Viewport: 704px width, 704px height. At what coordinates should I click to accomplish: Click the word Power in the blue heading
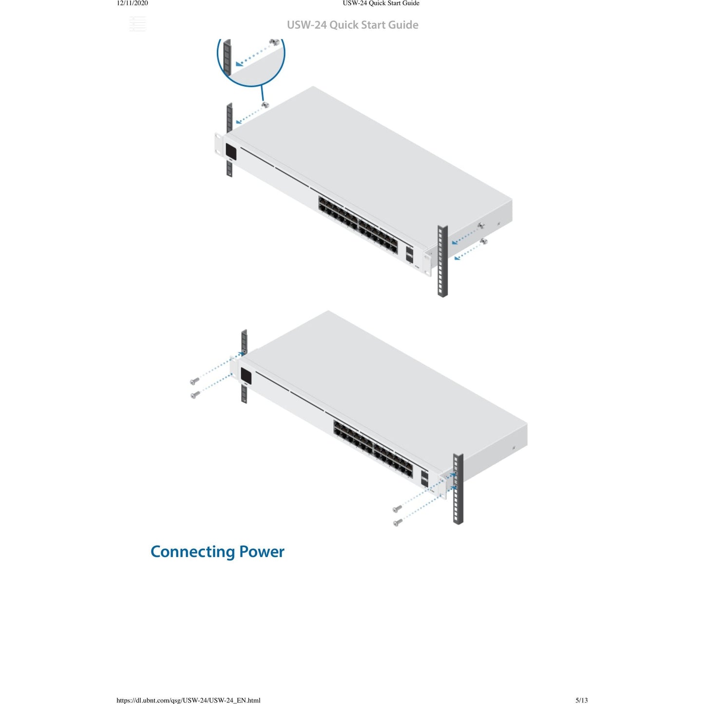pyautogui.click(x=262, y=552)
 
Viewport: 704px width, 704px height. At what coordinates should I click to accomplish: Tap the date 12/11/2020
pyautogui.click(x=132, y=3)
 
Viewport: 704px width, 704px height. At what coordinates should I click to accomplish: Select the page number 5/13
pyautogui.click(x=582, y=700)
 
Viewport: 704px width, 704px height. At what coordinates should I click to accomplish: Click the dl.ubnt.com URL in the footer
pyautogui.click(x=189, y=701)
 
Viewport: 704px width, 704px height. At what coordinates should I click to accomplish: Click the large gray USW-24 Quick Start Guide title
pyautogui.click(x=353, y=25)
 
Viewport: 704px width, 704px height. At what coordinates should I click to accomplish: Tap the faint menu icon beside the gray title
pyautogui.click(x=137, y=24)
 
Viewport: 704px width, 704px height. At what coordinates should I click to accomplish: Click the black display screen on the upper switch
pyautogui.click(x=231, y=152)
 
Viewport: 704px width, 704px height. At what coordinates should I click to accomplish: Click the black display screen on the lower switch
pyautogui.click(x=246, y=376)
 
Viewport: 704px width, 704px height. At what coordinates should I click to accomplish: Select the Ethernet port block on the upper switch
pyautogui.click(x=358, y=225)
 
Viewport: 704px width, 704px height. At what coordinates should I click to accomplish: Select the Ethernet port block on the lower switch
pyautogui.click(x=373, y=449)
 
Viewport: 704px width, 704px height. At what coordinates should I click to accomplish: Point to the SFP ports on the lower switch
pyautogui.click(x=424, y=478)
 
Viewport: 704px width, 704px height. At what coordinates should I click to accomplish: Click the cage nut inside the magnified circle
pyautogui.click(x=274, y=42)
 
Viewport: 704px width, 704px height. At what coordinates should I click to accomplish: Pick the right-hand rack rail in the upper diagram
pyautogui.click(x=442, y=261)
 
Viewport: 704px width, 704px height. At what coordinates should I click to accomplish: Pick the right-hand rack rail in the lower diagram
pyautogui.click(x=458, y=489)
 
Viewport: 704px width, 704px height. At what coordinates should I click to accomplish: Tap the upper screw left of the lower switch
pyautogui.click(x=194, y=381)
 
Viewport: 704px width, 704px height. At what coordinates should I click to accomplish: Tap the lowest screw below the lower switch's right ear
pyautogui.click(x=398, y=522)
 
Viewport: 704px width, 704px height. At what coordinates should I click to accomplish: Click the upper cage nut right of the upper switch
pyautogui.click(x=481, y=225)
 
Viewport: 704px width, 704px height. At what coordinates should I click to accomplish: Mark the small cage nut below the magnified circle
pyautogui.click(x=265, y=104)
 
